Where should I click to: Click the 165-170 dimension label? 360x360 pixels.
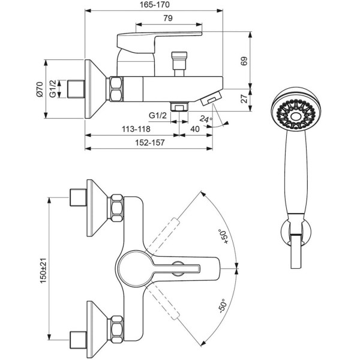pos(155,5)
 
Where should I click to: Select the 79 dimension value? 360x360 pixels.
pos(168,18)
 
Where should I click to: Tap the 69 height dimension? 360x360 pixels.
pos(244,61)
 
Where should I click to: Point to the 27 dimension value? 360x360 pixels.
pos(244,98)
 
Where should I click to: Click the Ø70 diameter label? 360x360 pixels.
pos(40,89)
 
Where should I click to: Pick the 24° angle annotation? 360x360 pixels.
pos(206,119)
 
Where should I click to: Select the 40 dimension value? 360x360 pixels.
pos(195,129)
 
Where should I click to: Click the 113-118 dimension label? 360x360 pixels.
pos(136,129)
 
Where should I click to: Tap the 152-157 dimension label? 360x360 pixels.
pos(149,143)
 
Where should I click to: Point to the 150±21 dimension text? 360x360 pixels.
pos(43,271)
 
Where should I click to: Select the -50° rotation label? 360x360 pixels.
pos(223,306)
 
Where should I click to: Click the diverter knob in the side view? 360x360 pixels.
pos(179,64)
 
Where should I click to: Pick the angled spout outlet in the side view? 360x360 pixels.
pos(211,98)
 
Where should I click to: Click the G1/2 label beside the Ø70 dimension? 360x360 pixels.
pos(53,89)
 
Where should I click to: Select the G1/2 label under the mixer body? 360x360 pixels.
pos(158,115)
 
